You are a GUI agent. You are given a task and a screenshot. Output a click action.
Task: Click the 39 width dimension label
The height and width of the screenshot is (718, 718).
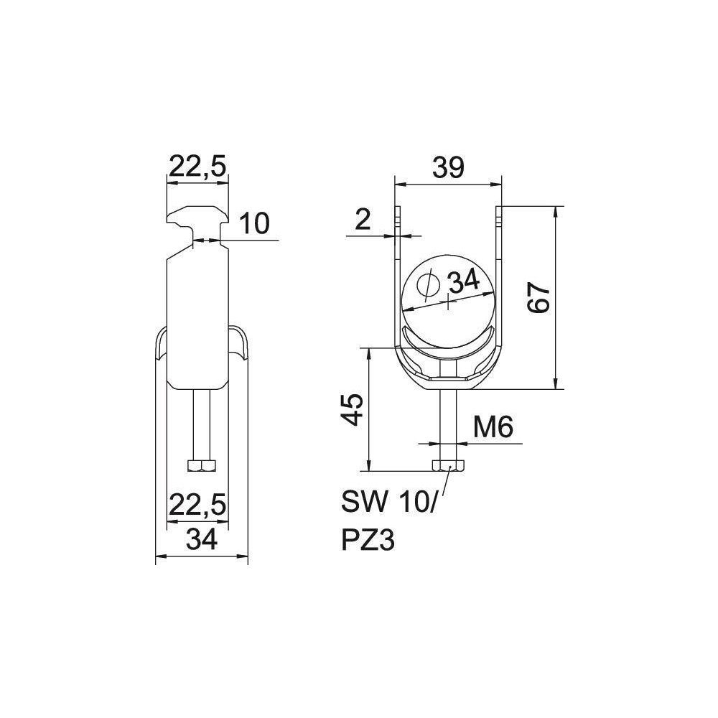pos(448,167)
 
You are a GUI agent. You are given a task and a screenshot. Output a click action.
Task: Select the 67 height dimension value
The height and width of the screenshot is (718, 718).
pos(538,298)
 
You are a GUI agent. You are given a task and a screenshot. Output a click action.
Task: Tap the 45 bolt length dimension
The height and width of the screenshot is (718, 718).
pos(353,409)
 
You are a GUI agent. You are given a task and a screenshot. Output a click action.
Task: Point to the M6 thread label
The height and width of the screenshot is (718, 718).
pos(493,427)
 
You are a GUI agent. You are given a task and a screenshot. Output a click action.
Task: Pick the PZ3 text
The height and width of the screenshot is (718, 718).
pos(368,540)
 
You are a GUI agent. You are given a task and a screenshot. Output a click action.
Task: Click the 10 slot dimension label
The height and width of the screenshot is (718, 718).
pos(254,224)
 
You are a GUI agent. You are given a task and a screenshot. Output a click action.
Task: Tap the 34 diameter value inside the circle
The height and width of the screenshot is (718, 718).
pos(463,281)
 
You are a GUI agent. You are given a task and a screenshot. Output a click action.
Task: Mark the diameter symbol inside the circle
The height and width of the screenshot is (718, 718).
pos(429,287)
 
